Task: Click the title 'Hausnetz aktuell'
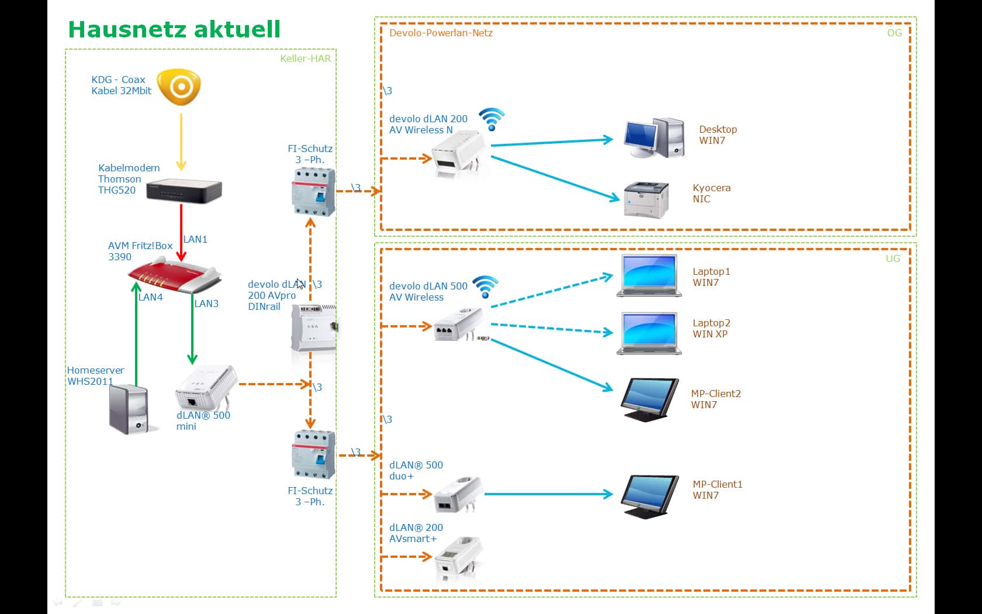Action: click(174, 29)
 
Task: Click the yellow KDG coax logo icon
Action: click(180, 87)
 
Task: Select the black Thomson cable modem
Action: click(184, 189)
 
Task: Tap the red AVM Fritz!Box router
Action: click(175, 277)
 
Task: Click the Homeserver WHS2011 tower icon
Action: click(129, 409)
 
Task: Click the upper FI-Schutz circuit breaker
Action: click(313, 191)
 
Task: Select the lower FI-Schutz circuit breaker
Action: click(313, 454)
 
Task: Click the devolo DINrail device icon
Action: click(314, 327)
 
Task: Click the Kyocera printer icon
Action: click(646, 199)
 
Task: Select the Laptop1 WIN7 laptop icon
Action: click(649, 276)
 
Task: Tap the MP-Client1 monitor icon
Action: click(649, 496)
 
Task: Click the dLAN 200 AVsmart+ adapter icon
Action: click(458, 558)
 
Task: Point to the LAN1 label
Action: click(195, 239)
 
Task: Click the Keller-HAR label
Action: click(305, 58)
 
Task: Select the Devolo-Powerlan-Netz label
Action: click(441, 33)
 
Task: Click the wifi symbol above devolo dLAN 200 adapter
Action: click(492, 119)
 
